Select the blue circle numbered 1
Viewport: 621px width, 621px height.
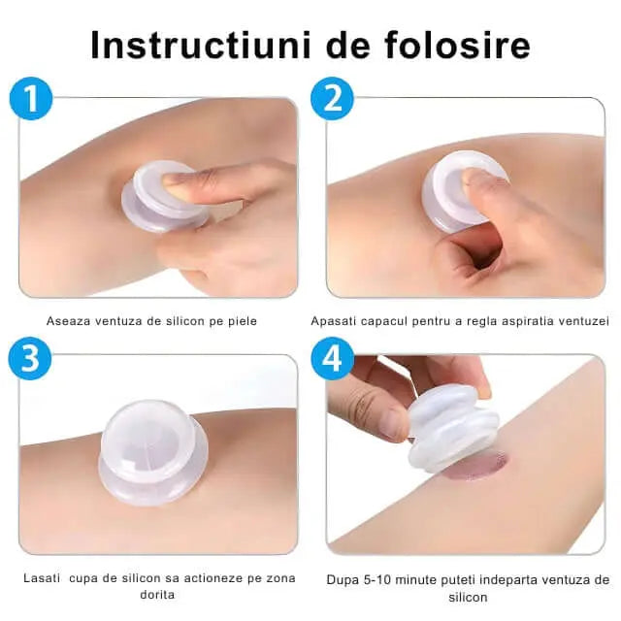pyautogui.click(x=31, y=99)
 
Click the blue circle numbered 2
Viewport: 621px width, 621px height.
pyautogui.click(x=332, y=99)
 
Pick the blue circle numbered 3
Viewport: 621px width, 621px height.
pyautogui.click(x=30, y=359)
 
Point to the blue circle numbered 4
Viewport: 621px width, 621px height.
pyautogui.click(x=332, y=359)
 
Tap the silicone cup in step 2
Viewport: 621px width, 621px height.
pyautogui.click(x=464, y=191)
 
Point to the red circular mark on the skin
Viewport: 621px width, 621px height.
pyautogui.click(x=478, y=466)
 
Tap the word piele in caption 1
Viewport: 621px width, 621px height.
pyautogui.click(x=243, y=321)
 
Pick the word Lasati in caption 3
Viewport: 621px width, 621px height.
pyautogui.click(x=42, y=578)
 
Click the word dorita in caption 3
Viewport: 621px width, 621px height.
pyautogui.click(x=157, y=595)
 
